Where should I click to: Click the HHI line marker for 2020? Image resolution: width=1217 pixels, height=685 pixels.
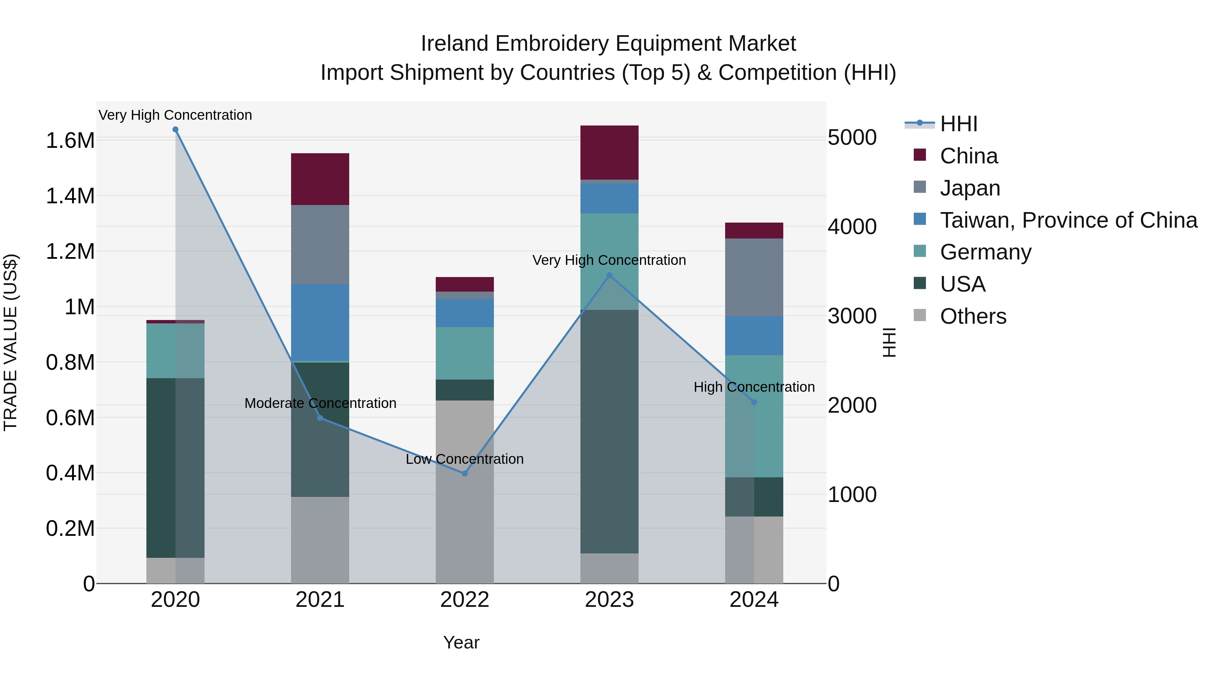pyautogui.click(x=175, y=130)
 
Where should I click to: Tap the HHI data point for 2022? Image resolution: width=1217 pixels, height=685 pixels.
pyautogui.click(x=464, y=473)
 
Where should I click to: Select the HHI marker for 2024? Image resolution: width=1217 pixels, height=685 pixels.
pyautogui.click(x=754, y=402)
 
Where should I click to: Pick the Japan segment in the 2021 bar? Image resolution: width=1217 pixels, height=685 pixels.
pyautogui.click(x=320, y=245)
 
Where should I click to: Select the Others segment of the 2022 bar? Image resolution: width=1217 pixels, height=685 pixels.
pyautogui.click(x=464, y=492)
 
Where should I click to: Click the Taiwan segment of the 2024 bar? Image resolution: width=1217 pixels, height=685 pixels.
pyautogui.click(x=754, y=336)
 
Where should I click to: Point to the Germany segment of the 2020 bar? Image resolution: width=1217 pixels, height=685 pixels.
pyautogui.click(x=175, y=351)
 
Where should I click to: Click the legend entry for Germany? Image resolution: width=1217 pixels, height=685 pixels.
pyautogui.click(x=985, y=252)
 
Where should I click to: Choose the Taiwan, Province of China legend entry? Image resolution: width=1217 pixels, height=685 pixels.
pyautogui.click(x=1068, y=220)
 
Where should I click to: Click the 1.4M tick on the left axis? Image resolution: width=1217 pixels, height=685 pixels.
pyautogui.click(x=70, y=196)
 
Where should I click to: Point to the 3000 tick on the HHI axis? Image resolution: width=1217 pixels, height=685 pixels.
pyautogui.click(x=852, y=316)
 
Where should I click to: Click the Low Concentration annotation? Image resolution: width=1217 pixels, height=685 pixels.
pyautogui.click(x=464, y=459)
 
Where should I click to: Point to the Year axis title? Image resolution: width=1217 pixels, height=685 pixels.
pyautogui.click(x=461, y=642)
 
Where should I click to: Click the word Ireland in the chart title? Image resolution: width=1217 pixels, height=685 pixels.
pyautogui.click(x=454, y=44)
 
